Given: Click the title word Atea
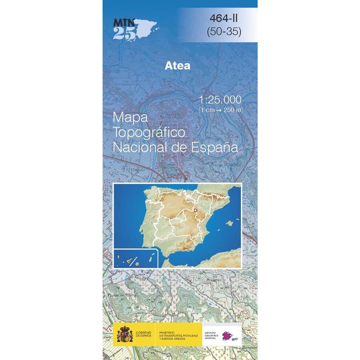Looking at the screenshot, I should tap(177, 66).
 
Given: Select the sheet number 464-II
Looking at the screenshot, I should tap(224, 18).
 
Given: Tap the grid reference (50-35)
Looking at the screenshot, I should tap(224, 32).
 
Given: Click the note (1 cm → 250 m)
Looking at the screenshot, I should tap(220, 109).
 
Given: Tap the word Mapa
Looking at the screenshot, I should tap(131, 117).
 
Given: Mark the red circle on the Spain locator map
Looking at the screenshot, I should tap(196, 210).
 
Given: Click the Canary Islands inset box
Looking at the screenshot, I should tap(137, 258).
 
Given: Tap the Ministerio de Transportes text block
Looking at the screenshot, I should tap(178, 335).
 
